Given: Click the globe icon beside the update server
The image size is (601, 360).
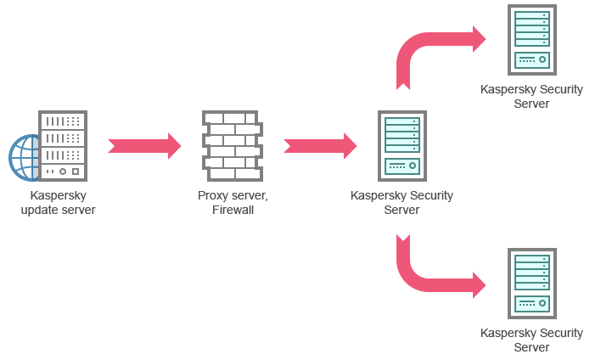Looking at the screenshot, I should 24,157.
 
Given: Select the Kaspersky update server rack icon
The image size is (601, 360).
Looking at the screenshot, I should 63,145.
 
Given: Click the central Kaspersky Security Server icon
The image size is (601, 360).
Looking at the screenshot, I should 402,145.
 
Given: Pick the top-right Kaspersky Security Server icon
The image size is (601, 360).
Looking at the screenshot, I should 532,40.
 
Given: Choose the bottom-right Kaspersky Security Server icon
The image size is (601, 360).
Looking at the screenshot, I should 532,283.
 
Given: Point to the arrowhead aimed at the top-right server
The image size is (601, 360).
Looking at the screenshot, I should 483,38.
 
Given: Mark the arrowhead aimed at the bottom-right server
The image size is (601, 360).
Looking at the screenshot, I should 483,285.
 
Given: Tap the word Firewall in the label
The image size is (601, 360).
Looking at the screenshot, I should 233,210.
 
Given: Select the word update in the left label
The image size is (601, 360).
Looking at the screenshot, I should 38,210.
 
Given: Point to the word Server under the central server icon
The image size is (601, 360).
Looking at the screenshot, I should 402,210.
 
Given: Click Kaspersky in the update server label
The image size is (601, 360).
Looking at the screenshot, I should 59,196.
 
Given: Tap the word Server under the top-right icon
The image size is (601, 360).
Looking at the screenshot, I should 531,104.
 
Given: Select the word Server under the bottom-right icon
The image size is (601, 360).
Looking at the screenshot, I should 531,346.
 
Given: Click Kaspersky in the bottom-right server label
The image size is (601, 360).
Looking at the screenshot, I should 508,333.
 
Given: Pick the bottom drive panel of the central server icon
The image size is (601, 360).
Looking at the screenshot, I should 402,166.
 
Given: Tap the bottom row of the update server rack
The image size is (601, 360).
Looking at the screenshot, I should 63,172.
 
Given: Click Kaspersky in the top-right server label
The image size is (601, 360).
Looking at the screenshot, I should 508,89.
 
